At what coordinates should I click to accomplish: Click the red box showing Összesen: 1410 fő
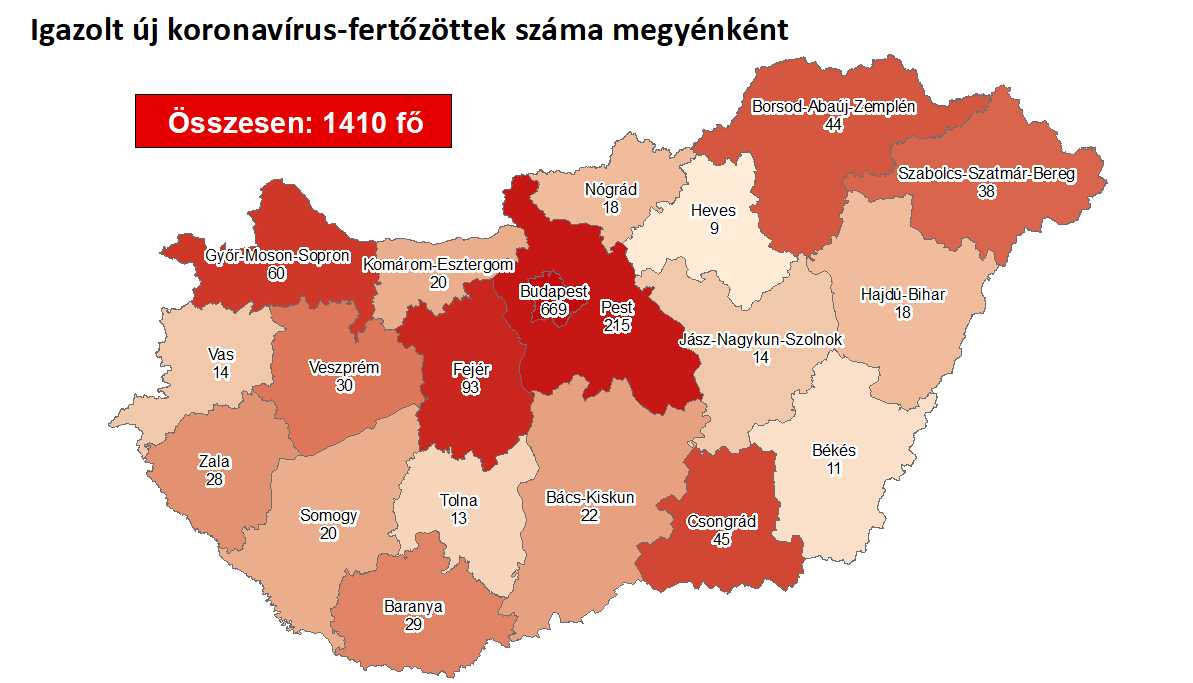(x=293, y=121)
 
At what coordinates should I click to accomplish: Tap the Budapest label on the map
(x=554, y=292)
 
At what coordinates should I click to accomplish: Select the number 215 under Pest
(x=617, y=325)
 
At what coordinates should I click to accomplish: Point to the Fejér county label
(x=470, y=369)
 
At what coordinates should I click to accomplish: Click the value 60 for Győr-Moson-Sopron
(x=278, y=273)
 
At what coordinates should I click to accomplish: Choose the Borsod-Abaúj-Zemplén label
(x=833, y=106)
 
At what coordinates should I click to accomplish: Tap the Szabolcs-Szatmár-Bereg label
(x=986, y=174)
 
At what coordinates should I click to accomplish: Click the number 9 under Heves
(x=713, y=228)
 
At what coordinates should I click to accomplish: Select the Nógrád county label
(x=611, y=189)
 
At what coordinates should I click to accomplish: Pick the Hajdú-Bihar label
(x=903, y=295)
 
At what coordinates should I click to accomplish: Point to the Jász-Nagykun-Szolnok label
(x=761, y=340)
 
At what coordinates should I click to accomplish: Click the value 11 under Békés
(x=833, y=468)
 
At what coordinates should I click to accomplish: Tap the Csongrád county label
(x=721, y=522)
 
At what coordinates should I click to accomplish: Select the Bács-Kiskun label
(x=590, y=497)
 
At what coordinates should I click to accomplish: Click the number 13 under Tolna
(x=458, y=518)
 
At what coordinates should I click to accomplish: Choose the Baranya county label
(x=413, y=607)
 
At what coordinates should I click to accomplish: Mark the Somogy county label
(x=328, y=516)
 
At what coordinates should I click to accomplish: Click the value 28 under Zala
(x=214, y=479)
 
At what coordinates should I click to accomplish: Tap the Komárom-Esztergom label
(x=438, y=265)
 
